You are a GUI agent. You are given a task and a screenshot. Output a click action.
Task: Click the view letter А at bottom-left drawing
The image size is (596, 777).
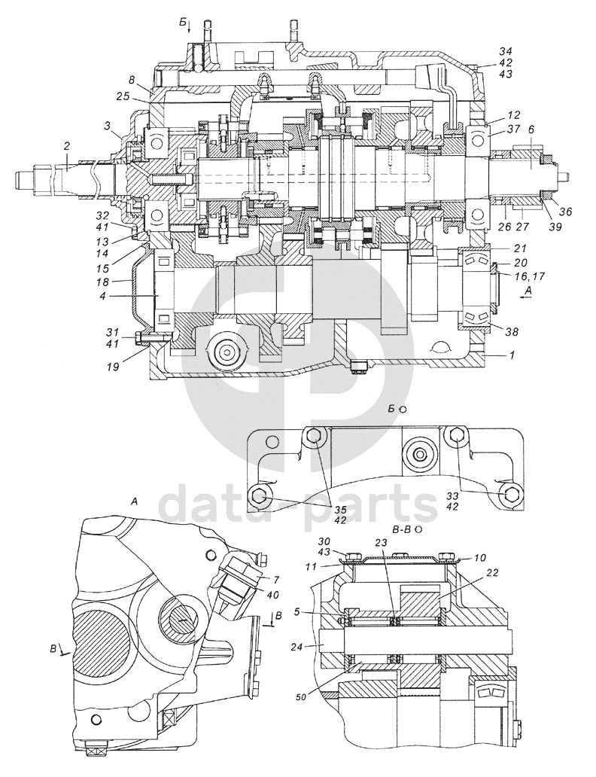tap(134, 501)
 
